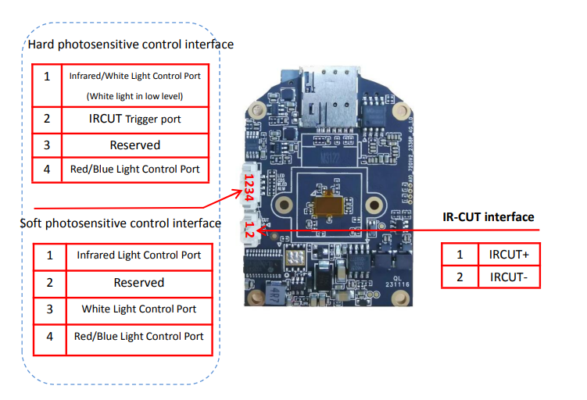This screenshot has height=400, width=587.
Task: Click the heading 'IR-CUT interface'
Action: pyautogui.click(x=489, y=216)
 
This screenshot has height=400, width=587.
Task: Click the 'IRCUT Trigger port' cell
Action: pyautogui.click(x=134, y=119)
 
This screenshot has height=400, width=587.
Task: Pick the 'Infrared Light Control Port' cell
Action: pyautogui.click(x=138, y=255)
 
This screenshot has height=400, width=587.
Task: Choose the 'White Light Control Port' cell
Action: pyautogui.click(x=138, y=309)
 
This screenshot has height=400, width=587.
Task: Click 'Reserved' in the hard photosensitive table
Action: pyautogui.click(x=134, y=145)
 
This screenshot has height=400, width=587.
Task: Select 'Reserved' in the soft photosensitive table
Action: pyautogui.click(x=138, y=282)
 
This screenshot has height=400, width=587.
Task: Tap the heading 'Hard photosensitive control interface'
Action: pyautogui.click(x=131, y=45)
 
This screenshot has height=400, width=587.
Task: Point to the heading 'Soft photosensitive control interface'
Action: pyautogui.click(x=120, y=223)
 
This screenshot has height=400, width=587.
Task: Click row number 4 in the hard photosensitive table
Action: pyautogui.click(x=47, y=169)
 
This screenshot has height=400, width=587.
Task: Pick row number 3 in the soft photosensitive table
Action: pyautogui.click(x=49, y=309)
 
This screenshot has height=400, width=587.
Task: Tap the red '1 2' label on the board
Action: pyautogui.click(x=248, y=229)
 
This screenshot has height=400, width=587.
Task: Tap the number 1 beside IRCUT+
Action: pyautogui.click(x=460, y=255)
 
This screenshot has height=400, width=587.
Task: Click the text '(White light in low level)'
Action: pyautogui.click(x=134, y=96)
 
